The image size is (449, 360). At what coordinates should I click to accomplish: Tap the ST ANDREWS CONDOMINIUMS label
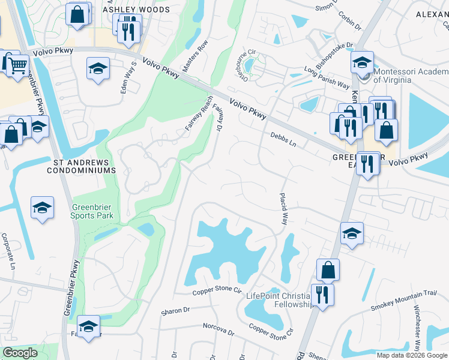[x=81, y=166]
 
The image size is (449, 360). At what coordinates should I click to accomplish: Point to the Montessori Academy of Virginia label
[x=393, y=75]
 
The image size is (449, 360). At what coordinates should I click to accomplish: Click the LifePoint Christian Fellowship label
[x=281, y=300]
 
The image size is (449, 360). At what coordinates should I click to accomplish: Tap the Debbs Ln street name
[x=283, y=140]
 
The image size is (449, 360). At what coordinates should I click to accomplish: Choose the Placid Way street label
[x=284, y=209]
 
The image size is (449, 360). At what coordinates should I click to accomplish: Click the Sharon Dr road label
[x=175, y=311]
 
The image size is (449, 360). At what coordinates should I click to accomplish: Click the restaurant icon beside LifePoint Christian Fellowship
[x=322, y=294]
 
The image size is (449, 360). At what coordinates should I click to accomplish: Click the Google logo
[x=20, y=353]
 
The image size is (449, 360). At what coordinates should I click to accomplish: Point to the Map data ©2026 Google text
[x=412, y=355]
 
